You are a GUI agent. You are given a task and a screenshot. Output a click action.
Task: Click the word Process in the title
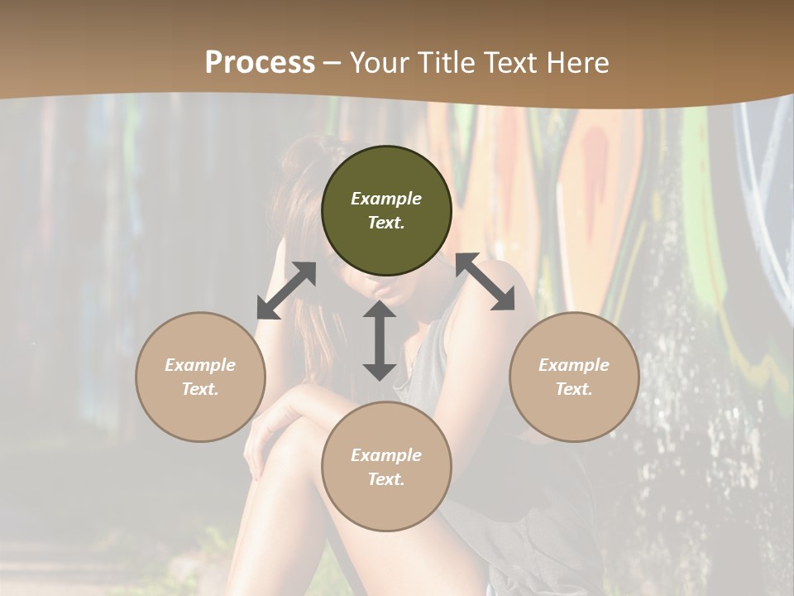[x=260, y=63]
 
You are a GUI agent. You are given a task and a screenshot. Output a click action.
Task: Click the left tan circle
[x=200, y=377]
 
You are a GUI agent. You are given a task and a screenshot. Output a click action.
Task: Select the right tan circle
[x=574, y=377]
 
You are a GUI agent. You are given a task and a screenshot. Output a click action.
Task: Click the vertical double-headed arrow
[x=379, y=340]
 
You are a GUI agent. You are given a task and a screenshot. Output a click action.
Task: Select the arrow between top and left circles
[x=286, y=291]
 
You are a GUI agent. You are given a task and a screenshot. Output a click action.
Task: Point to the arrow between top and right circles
[x=485, y=281]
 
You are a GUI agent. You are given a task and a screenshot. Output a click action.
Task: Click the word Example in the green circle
[x=386, y=199]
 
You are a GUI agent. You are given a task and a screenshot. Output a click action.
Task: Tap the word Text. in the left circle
[x=200, y=389]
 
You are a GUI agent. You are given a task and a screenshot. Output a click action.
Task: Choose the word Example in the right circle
[x=574, y=365]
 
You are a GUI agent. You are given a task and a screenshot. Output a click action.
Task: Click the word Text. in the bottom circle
[x=386, y=479]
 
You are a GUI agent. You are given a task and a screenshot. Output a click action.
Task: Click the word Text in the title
[x=508, y=63]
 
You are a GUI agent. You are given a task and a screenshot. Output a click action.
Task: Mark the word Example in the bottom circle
[x=386, y=455]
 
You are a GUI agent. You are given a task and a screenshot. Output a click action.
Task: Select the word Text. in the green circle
[x=386, y=223]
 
